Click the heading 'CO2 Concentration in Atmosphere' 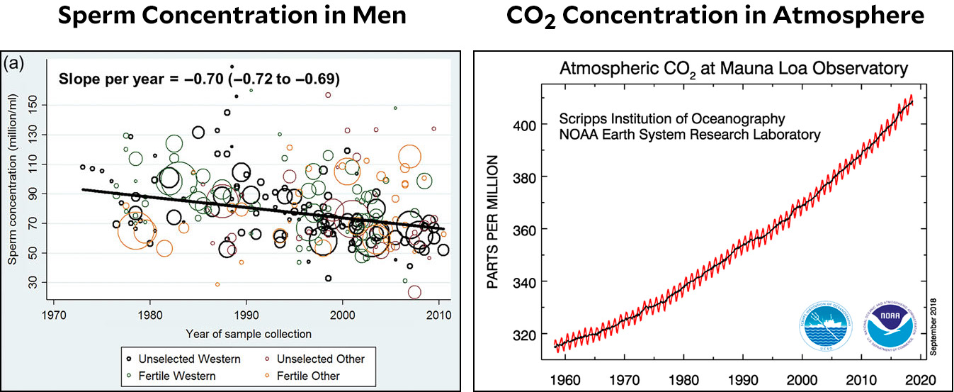pos(715,16)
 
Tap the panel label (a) pos(15,64)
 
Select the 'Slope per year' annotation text pos(199,79)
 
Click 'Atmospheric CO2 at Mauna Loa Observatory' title pos(733,69)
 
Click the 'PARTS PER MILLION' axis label pos(494,223)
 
